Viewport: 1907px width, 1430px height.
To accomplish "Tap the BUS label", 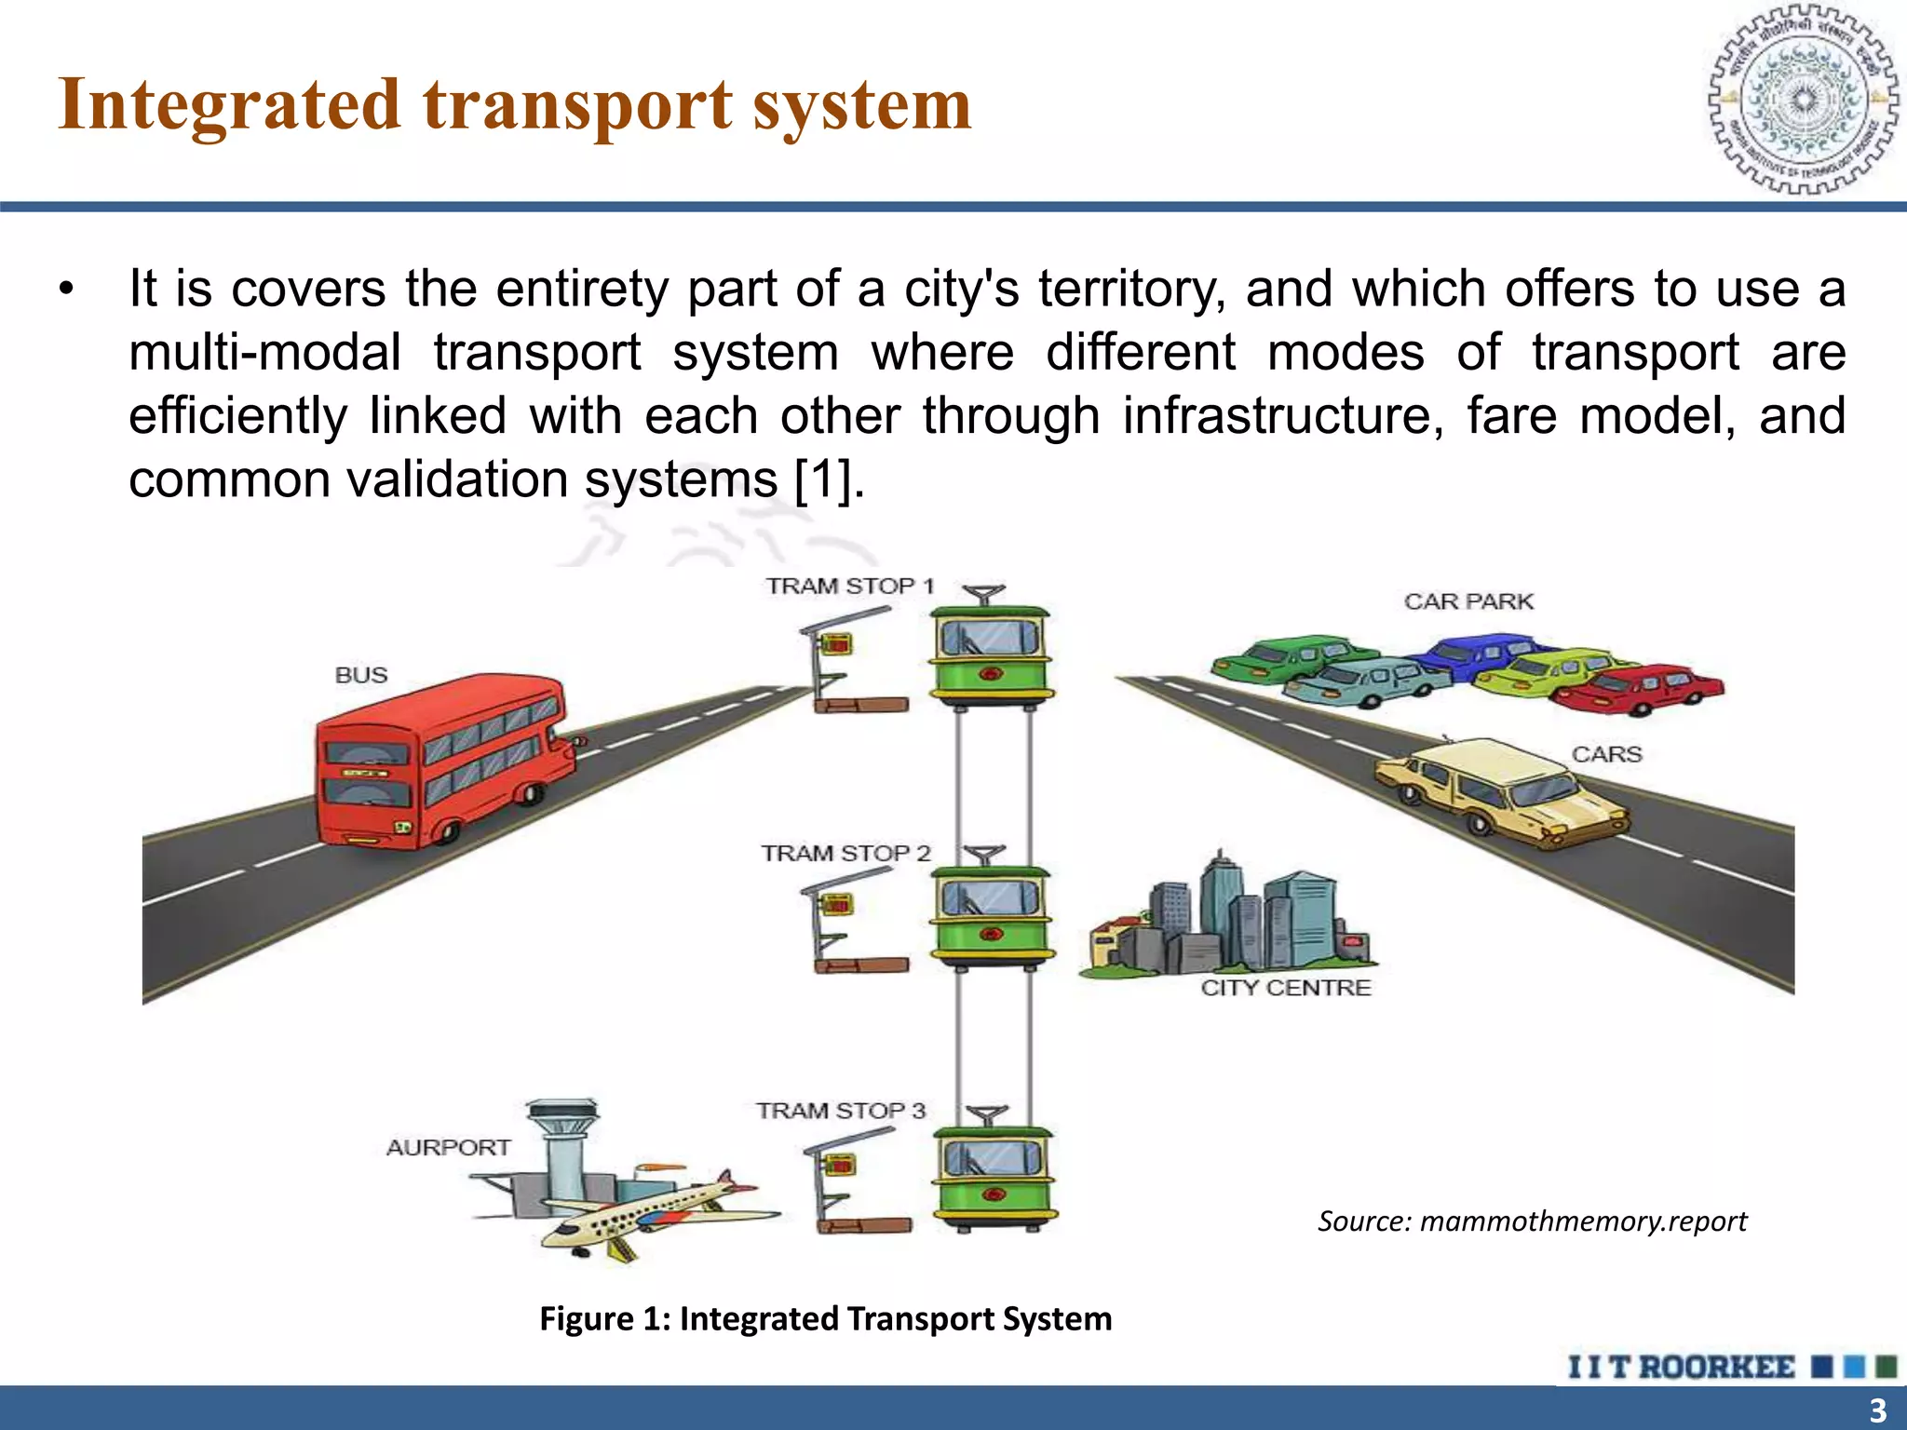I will [x=361, y=675].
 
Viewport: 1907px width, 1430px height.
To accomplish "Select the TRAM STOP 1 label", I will [x=849, y=586].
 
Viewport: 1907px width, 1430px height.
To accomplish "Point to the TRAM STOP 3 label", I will [x=840, y=1111].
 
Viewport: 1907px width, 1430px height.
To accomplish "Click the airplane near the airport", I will [x=652, y=1210].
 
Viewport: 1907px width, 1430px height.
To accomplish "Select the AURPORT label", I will [x=448, y=1147].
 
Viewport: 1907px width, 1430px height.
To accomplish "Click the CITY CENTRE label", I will [x=1285, y=988].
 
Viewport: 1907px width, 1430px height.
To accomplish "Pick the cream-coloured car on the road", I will [x=1499, y=791].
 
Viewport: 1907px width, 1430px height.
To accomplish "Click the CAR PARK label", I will [x=1468, y=601].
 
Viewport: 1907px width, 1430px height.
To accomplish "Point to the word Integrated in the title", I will [x=229, y=104].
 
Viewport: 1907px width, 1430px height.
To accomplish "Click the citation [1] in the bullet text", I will [x=824, y=479].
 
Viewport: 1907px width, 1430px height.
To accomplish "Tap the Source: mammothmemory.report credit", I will [x=1532, y=1221].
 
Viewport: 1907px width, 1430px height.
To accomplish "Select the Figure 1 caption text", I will [x=825, y=1318].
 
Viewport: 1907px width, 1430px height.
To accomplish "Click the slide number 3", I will [x=1877, y=1410].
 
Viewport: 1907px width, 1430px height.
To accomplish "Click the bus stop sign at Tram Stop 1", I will [x=835, y=644].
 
